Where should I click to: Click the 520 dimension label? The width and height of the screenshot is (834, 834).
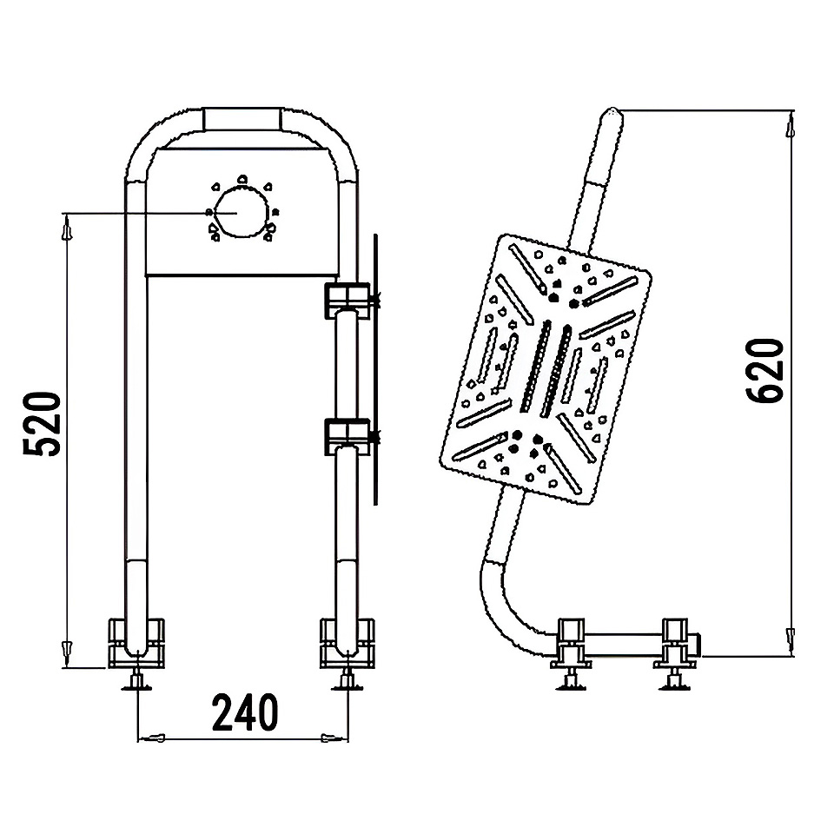click(42, 424)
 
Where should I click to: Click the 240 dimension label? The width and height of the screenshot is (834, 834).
click(245, 712)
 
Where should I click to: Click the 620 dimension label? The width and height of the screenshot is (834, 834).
click(764, 370)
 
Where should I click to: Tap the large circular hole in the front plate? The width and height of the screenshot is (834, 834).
click(241, 213)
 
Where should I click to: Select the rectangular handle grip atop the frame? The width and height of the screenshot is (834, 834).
click(242, 118)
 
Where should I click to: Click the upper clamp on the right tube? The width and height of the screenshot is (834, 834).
click(347, 301)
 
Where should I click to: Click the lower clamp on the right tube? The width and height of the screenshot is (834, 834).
click(347, 436)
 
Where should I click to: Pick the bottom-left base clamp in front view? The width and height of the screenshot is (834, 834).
click(136, 643)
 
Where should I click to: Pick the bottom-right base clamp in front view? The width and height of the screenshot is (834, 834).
click(347, 643)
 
